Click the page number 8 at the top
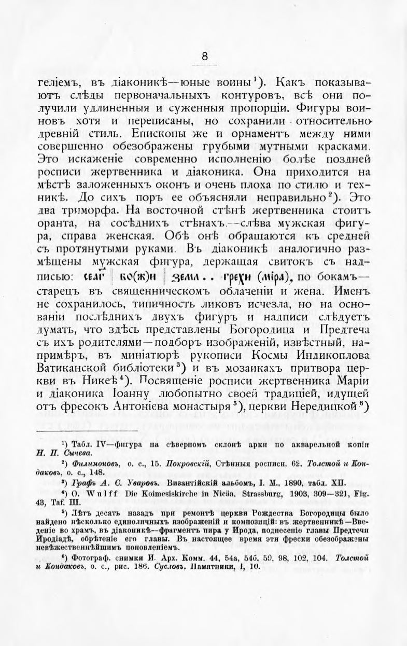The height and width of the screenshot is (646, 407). (204, 57)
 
